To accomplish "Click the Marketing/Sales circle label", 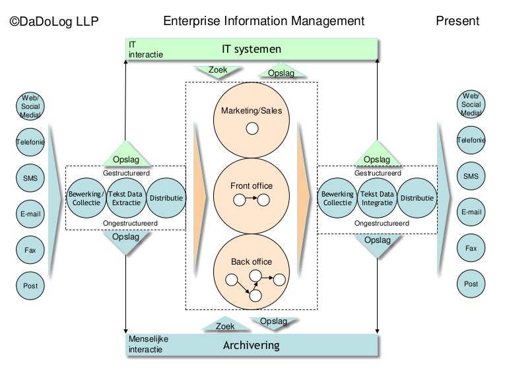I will (251, 110).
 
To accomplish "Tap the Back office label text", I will (251, 262).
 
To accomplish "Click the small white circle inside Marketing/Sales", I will (252, 129).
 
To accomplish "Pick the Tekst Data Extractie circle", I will (125, 198).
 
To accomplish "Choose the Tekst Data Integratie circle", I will (376, 198).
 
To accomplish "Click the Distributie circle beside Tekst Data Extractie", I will (166, 198).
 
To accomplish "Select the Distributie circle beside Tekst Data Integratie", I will (417, 198).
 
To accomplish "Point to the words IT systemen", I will (251, 49).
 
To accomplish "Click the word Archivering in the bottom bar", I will (251, 345).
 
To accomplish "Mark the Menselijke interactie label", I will (149, 344).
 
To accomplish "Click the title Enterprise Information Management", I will (263, 21).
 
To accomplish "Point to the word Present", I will (457, 21).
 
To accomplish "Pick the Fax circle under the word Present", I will (470, 248).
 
